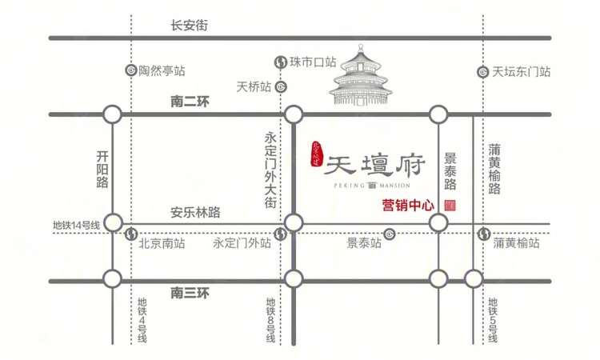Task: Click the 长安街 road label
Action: pyautogui.click(x=190, y=26)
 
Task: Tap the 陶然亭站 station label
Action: pyautogui.click(x=162, y=70)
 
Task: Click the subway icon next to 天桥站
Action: pyautogui.click(x=279, y=86)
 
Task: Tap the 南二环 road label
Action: pyautogui.click(x=190, y=102)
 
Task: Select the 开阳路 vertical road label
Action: pyautogui.click(x=102, y=169)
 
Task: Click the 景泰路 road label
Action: pyautogui.click(x=450, y=171)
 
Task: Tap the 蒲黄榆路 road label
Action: pyautogui.click(x=494, y=169)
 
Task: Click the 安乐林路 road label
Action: pyautogui.click(x=195, y=213)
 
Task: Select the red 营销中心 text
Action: pyautogui.click(x=408, y=205)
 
